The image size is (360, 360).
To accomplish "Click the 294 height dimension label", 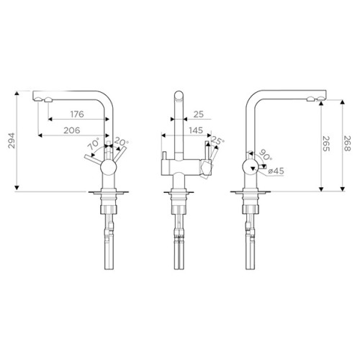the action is [x=12, y=140].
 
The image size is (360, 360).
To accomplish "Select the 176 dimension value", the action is [x=77, y=114].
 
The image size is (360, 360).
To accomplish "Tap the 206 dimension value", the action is [x=72, y=130].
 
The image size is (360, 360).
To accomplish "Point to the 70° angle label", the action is [x=94, y=144].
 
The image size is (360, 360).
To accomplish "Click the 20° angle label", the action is [x=121, y=142].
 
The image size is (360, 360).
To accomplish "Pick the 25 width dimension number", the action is [x=199, y=114].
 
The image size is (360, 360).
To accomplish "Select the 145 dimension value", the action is [x=196, y=130].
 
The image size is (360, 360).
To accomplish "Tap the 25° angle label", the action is [x=218, y=141].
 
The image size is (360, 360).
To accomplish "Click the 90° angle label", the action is [x=264, y=155].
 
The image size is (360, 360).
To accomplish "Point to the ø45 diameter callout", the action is [x=276, y=171].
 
